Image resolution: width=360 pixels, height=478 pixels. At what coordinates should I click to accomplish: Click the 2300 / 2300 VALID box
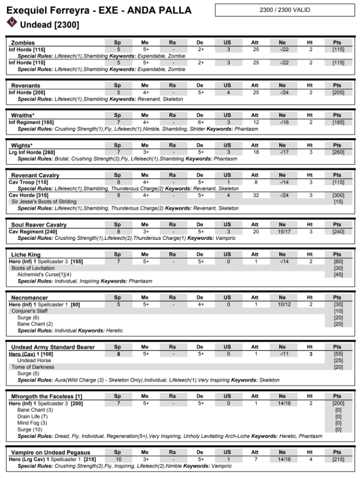[x=284, y=10]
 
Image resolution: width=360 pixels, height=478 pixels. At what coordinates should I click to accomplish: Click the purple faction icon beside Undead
[x=12, y=21]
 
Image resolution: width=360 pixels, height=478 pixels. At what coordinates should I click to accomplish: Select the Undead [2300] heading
[x=49, y=24]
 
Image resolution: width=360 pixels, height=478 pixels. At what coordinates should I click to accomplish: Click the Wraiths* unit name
[x=23, y=115]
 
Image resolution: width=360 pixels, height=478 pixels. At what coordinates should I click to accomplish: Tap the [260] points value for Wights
[x=338, y=152]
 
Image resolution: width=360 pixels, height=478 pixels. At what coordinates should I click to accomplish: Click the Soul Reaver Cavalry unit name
[x=39, y=225]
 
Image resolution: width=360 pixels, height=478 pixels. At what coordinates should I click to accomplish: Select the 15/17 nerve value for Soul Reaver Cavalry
[x=282, y=231]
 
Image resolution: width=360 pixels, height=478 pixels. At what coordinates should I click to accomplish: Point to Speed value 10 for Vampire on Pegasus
[x=118, y=459]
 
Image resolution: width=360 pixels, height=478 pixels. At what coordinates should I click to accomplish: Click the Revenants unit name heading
[x=26, y=86]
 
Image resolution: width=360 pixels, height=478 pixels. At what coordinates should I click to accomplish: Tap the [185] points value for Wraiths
[x=338, y=122]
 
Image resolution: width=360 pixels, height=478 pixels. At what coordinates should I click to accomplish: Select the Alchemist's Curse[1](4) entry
[x=44, y=274]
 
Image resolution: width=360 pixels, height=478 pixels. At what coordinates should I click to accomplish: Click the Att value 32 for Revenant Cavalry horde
[x=255, y=195]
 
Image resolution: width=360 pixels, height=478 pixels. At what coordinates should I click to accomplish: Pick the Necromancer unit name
[x=29, y=298]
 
